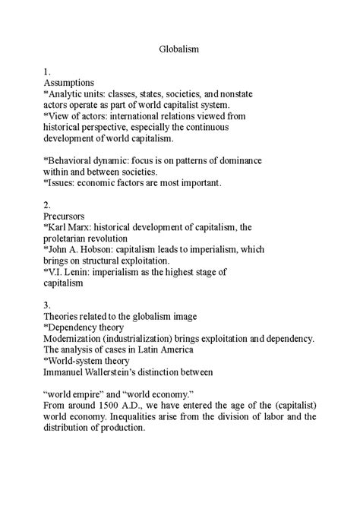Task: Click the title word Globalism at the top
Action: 179,48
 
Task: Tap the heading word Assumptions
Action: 68,81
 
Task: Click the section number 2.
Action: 46,205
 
